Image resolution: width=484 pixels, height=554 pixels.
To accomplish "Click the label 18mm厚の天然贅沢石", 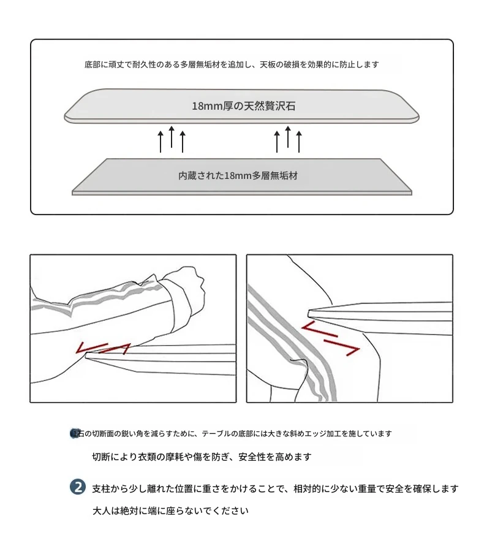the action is click(x=243, y=106).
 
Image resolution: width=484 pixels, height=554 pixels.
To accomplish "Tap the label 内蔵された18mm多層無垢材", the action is click(x=238, y=176).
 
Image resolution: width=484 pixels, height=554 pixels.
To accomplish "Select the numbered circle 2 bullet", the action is click(x=78, y=487).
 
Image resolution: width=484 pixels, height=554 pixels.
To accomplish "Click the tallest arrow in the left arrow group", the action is click(x=172, y=137).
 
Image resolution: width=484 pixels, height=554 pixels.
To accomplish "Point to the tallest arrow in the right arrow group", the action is click(x=288, y=137).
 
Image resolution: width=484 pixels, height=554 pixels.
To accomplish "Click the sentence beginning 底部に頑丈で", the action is click(x=232, y=65).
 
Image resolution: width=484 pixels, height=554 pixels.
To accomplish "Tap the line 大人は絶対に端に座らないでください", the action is click(x=170, y=510).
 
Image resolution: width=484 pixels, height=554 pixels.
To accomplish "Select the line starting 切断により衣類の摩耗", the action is click(x=202, y=457).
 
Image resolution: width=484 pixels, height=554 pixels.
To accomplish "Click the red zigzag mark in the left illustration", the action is click(x=103, y=348).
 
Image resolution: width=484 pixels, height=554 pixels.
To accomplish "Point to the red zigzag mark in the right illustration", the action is click(x=331, y=338).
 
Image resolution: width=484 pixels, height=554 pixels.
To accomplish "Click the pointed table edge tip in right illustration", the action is click(x=309, y=313).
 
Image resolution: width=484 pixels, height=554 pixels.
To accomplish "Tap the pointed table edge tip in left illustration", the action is click(x=86, y=355).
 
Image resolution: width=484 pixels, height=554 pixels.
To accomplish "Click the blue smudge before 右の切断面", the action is click(x=74, y=433).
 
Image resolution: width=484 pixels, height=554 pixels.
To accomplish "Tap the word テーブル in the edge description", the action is click(x=216, y=433).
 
